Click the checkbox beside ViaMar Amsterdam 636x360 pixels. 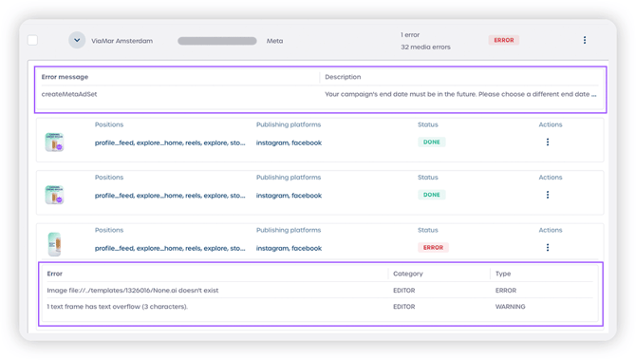[32, 41]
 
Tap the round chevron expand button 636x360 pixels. [77, 41]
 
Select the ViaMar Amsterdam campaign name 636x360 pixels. [122, 41]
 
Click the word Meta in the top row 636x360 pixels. [274, 41]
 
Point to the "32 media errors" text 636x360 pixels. [425, 47]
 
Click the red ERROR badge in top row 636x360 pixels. [503, 41]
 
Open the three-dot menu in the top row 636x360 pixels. [585, 41]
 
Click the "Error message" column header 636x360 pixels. [65, 77]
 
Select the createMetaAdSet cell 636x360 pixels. [69, 94]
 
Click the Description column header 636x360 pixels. [343, 77]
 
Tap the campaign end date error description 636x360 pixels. [460, 94]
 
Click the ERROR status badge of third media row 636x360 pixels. [433, 248]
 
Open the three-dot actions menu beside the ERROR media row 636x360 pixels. [548, 248]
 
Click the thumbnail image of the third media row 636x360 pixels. [54, 243]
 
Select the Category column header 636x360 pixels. [408, 274]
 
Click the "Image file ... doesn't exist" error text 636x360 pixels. [133, 291]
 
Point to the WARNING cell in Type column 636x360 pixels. [510, 307]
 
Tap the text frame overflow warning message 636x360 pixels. [118, 307]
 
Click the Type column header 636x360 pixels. [503, 274]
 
